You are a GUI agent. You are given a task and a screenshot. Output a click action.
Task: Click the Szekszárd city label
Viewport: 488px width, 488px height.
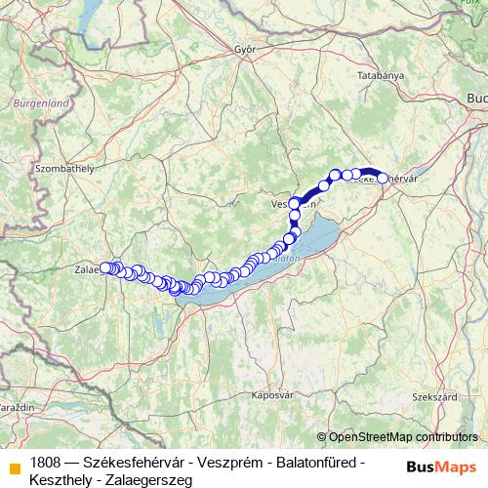[x=434, y=397]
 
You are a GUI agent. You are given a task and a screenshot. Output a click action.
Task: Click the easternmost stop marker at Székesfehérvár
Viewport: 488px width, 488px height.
[x=384, y=179]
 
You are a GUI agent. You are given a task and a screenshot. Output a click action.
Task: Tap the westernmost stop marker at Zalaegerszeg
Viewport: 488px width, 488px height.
[x=105, y=267]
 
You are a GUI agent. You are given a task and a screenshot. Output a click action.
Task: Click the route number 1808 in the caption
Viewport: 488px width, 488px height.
[x=47, y=462]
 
